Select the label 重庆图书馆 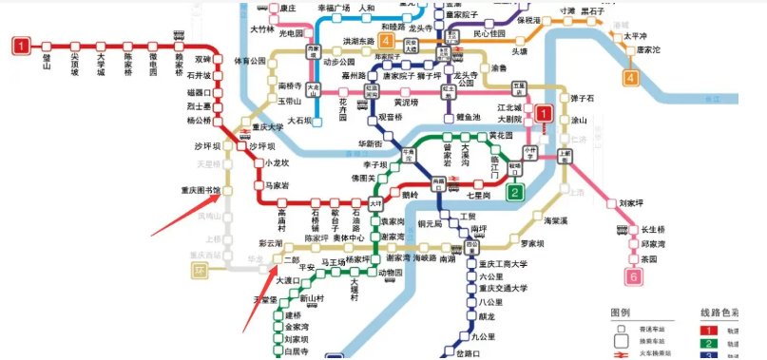[200, 190]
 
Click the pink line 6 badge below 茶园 [635, 277]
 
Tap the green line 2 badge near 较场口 [514, 193]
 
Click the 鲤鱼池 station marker [450, 116]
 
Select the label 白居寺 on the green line [298, 351]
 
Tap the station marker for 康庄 [273, 9]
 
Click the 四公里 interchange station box [471, 245]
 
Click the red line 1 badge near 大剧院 [543, 114]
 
